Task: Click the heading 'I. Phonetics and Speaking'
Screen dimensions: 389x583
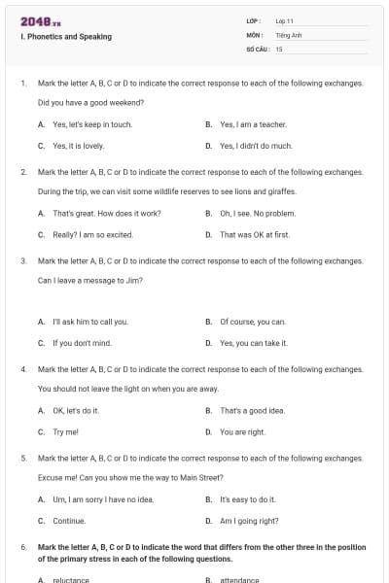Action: [65, 37]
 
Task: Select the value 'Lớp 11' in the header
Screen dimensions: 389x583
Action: [285, 20]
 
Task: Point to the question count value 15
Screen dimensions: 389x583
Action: [279, 48]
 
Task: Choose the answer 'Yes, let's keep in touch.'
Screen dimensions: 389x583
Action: [92, 124]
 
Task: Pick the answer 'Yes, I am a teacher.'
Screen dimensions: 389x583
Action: [253, 124]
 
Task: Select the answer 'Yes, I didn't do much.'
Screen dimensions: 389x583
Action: [256, 146]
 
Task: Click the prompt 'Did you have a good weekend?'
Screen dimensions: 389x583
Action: [90, 102]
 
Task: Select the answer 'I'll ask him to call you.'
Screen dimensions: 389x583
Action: [89, 322]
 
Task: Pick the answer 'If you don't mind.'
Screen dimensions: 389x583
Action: [82, 343]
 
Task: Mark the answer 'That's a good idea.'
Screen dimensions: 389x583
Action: [252, 410]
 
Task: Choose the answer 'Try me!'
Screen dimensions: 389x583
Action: [65, 431]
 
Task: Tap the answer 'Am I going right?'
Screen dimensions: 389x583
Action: [249, 521]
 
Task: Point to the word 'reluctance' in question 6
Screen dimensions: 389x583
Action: [71, 580]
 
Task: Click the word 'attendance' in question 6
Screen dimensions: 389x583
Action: [239, 580]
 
